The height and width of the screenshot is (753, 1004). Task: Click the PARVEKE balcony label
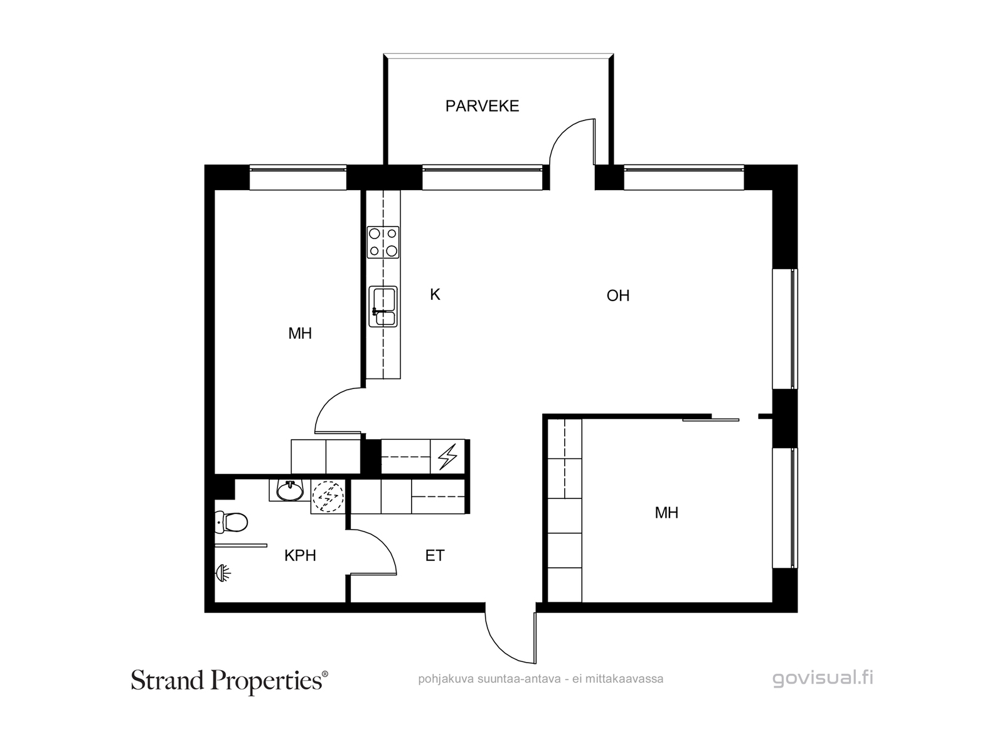pyautogui.click(x=482, y=106)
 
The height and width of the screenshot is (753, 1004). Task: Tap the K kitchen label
pyautogui.click(x=435, y=295)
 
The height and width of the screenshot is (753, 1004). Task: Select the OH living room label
pyautogui.click(x=618, y=296)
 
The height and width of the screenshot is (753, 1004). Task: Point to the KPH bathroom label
pyautogui.click(x=300, y=555)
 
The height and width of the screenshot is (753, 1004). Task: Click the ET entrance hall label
pyautogui.click(x=434, y=555)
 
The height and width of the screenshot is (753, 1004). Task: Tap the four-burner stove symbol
pyautogui.click(x=383, y=242)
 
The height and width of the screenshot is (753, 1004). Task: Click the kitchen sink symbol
pyautogui.click(x=383, y=306)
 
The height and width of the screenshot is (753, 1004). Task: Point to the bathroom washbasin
pyautogui.click(x=289, y=491)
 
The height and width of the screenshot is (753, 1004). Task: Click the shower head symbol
pyautogui.click(x=223, y=573)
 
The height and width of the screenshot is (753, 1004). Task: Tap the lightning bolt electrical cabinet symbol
pyautogui.click(x=447, y=457)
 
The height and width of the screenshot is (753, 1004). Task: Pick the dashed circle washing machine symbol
pyautogui.click(x=328, y=496)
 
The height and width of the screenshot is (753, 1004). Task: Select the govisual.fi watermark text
pyautogui.click(x=823, y=678)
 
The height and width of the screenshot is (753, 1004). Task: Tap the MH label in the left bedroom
pyautogui.click(x=300, y=334)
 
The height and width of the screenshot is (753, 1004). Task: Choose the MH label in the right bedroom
pyautogui.click(x=666, y=513)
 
